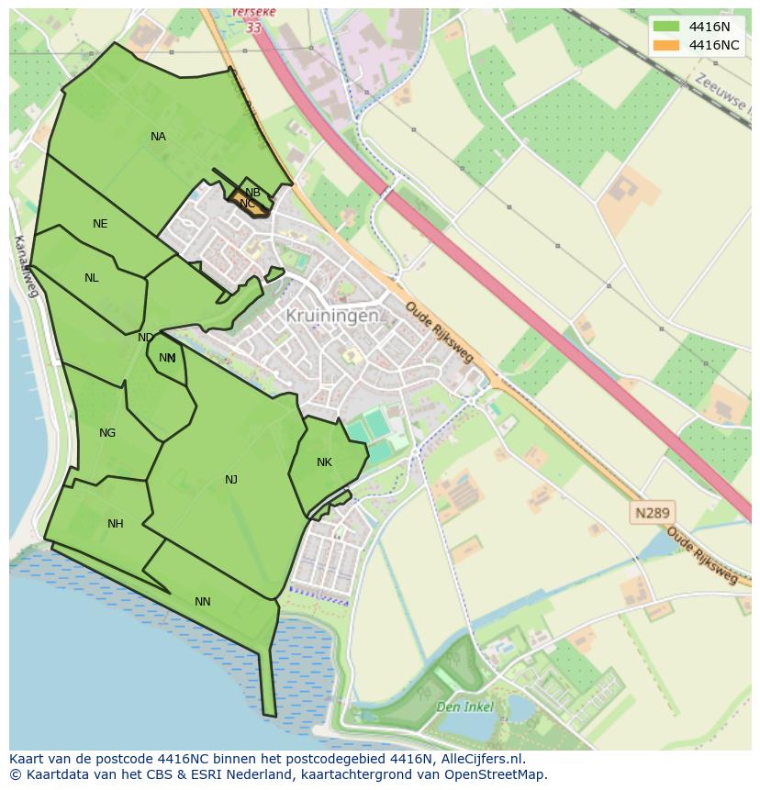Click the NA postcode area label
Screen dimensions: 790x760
(158, 137)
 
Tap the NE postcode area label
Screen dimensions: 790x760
(100, 224)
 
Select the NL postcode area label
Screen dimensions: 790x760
(92, 278)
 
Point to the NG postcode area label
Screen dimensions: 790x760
(107, 433)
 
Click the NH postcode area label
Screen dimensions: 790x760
(115, 524)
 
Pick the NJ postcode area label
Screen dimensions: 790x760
(231, 479)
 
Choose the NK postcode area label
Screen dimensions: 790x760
(324, 462)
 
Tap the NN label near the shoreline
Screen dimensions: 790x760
(203, 602)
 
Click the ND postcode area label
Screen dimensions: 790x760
(145, 338)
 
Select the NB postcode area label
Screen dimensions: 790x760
(253, 192)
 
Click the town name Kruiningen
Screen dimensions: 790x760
(332, 316)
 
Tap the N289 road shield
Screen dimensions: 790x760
(651, 513)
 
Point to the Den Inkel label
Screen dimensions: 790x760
(464, 707)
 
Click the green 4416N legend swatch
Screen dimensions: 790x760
(666, 27)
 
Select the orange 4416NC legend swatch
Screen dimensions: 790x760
(666, 45)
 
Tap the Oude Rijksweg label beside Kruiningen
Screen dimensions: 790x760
(439, 331)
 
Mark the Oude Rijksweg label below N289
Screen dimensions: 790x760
(702, 556)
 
